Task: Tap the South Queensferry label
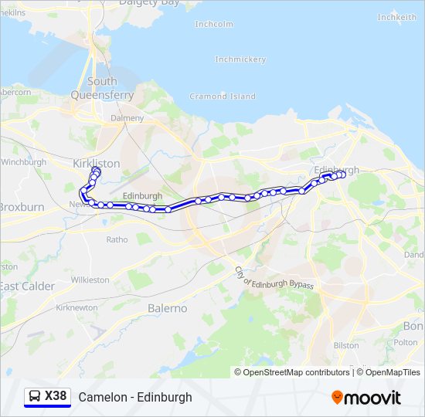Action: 102,88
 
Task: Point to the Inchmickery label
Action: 240,59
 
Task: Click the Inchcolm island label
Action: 214,24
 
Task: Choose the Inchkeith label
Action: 397,17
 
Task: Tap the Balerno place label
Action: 167,308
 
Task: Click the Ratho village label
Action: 117,239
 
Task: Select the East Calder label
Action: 28,286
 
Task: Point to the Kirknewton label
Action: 77,307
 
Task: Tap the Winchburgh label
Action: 24,162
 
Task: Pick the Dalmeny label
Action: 127,118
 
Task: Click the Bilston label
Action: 346,345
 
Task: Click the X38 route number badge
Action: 56,396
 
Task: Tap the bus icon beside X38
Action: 35,397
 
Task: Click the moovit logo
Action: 366,398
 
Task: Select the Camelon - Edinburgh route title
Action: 135,397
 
